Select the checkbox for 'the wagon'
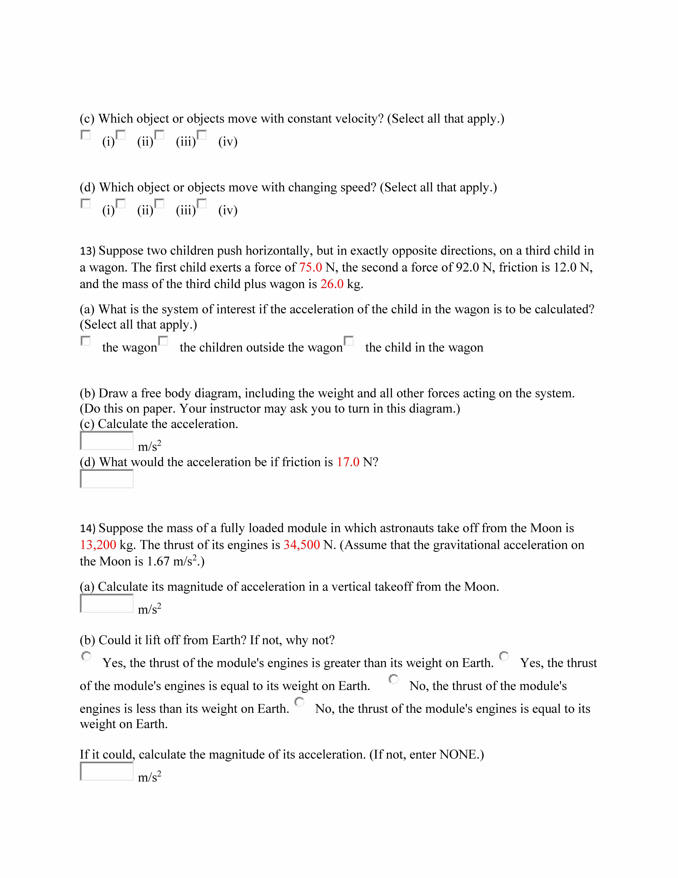point(86,341)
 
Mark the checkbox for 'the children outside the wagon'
point(163,341)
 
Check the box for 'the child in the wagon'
point(349,341)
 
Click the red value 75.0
point(310,267)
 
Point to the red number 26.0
point(332,284)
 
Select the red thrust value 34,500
point(302,545)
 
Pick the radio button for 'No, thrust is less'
point(394,679)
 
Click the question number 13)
point(88,251)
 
